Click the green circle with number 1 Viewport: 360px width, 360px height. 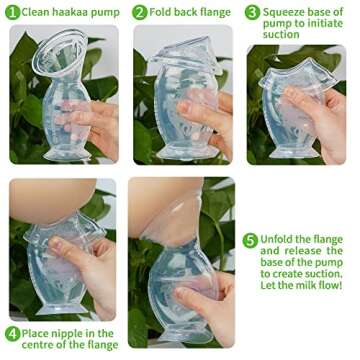coord(13,12)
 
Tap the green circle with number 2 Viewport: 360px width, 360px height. coord(139,12)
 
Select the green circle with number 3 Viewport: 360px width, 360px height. coord(254,13)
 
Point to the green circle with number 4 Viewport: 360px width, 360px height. coord(12,333)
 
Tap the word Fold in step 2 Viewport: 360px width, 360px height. coord(163,12)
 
